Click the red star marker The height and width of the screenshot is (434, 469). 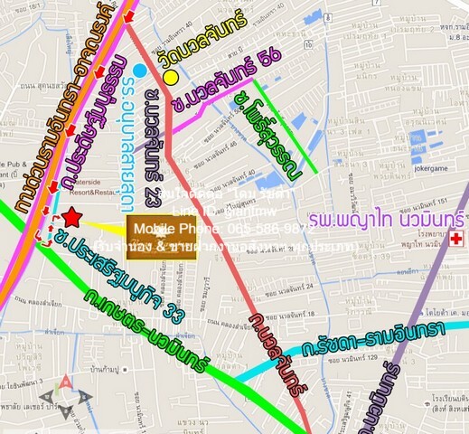point(72,218)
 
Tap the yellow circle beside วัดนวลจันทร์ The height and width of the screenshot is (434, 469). point(170,79)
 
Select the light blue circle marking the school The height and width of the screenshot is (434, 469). point(138,70)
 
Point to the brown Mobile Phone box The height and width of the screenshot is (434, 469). point(161,239)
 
